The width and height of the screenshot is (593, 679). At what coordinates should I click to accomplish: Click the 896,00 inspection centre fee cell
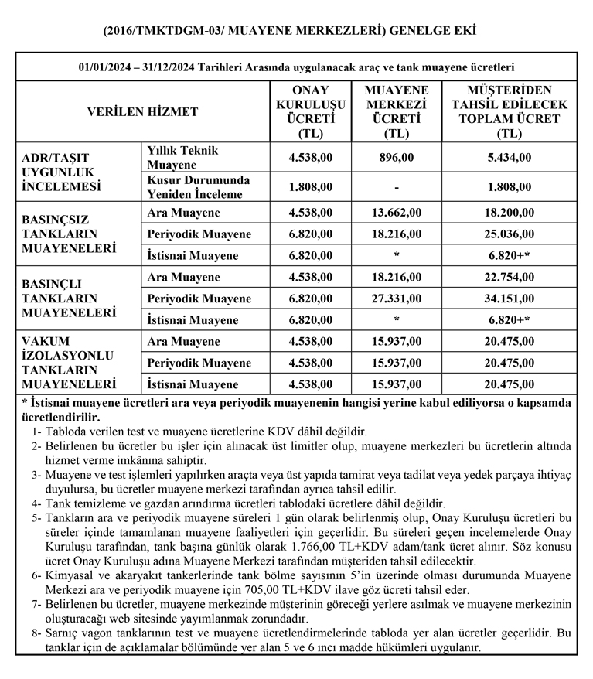397,157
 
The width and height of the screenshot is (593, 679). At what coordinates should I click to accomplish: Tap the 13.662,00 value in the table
397,213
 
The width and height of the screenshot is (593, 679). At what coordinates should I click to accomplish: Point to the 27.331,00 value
397,299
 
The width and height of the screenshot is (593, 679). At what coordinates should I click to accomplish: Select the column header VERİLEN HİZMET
142,111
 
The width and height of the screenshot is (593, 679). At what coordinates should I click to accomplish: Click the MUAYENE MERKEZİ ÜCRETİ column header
397,111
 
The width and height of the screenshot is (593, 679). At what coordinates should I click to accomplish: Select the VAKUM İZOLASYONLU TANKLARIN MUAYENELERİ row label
70,363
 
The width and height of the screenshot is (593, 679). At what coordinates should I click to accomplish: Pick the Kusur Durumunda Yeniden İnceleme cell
194,186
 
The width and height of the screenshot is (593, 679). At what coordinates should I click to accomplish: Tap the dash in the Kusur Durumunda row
397,186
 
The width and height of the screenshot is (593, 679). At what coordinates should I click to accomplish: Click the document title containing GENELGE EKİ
296,31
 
